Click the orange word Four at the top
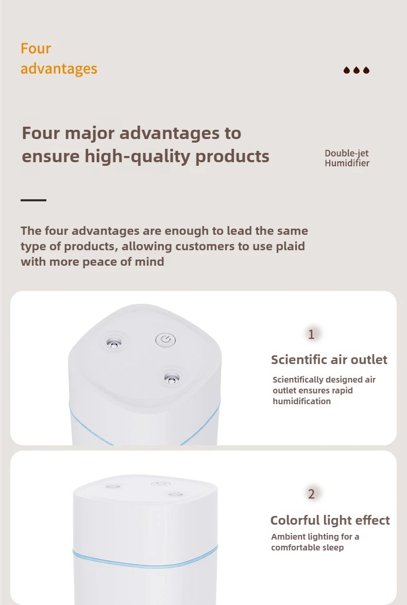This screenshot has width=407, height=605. click(x=36, y=48)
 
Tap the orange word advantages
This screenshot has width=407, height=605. click(x=59, y=68)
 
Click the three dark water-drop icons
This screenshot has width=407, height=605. click(x=357, y=70)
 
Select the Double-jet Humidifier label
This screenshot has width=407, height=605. click(x=347, y=158)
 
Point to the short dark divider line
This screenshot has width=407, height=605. click(x=33, y=200)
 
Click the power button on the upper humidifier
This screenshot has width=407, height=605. click(x=165, y=339)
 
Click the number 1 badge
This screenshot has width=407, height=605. click(x=311, y=335)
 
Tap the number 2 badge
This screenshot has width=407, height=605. click(x=311, y=494)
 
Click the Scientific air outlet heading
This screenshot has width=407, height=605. click(x=329, y=360)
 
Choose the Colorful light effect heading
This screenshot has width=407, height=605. click(x=330, y=521)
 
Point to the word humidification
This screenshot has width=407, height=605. click(x=301, y=402)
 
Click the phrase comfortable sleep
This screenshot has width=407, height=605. click(x=307, y=548)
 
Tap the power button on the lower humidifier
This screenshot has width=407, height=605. click(x=159, y=484)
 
